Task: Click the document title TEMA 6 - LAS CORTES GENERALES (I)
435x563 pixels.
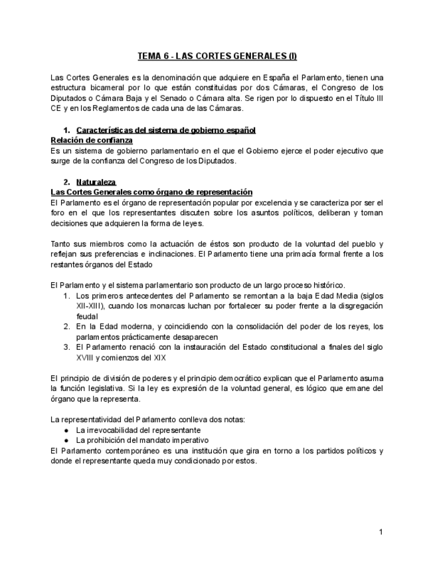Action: tap(217, 56)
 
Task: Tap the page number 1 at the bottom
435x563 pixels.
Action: tap(381, 532)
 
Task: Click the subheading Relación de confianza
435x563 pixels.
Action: tap(92, 140)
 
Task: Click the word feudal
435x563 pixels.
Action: tap(86, 317)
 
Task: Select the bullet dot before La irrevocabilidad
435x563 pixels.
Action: tap(67, 430)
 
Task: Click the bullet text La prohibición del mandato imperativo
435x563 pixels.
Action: tap(142, 440)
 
